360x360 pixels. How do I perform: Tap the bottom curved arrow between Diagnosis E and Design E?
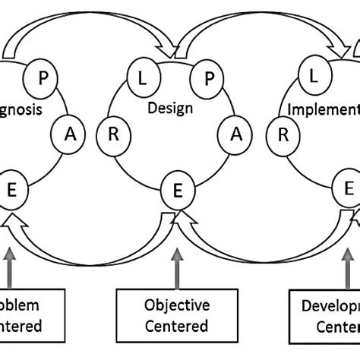pyautogui.click(x=91, y=239)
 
